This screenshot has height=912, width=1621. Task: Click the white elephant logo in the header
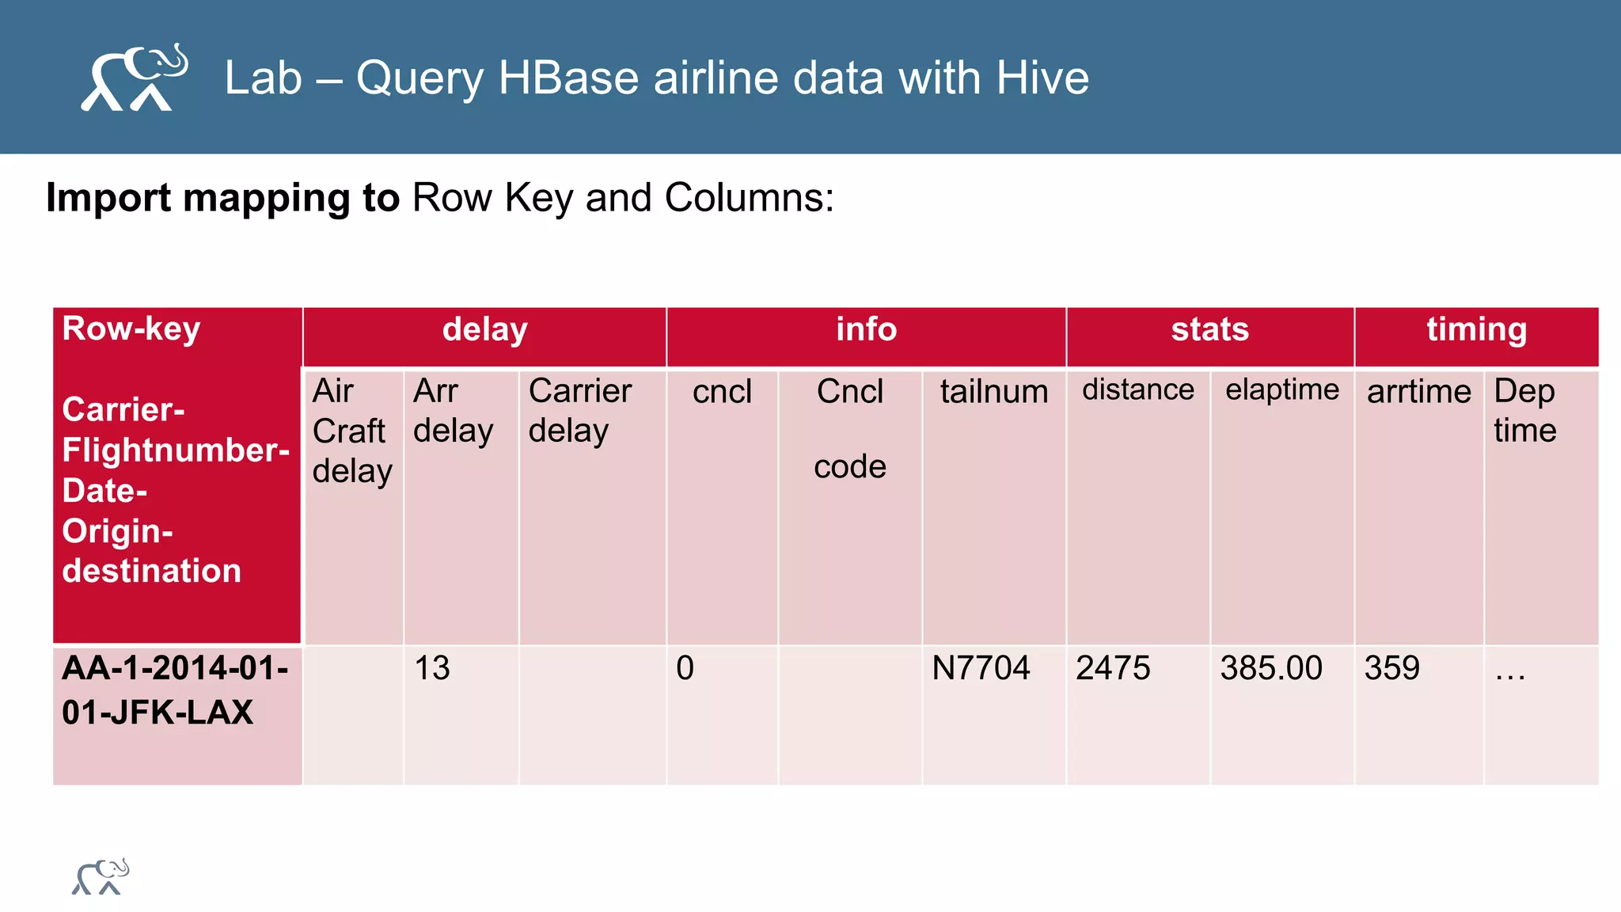tap(135, 78)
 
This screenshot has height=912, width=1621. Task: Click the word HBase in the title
tap(568, 78)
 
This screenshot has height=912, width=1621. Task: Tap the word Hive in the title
tap(1042, 78)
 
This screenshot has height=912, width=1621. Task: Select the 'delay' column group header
tap(484, 330)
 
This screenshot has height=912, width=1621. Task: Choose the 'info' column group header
tap(866, 330)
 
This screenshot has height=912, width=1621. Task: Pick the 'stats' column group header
tap(1209, 330)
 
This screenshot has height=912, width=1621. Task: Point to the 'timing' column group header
tap(1476, 330)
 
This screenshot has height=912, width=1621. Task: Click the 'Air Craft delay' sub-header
tap(351, 431)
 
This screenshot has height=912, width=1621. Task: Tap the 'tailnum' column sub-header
tap(993, 392)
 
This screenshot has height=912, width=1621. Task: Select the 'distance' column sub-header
tap(1137, 389)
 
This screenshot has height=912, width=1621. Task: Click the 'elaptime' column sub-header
tap(1281, 389)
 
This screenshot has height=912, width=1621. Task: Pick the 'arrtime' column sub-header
tap(1418, 392)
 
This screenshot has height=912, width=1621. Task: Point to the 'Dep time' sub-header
tap(1524, 411)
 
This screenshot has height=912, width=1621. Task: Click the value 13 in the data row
tap(432, 668)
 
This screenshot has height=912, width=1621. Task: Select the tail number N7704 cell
tap(981, 668)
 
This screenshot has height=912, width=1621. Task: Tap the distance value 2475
tap(1112, 668)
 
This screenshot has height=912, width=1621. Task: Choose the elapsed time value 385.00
tap(1270, 668)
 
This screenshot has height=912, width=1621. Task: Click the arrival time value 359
tap(1391, 668)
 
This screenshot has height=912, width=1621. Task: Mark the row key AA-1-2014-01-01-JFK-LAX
tap(175, 690)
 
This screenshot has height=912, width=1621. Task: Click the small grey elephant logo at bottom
tap(101, 877)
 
